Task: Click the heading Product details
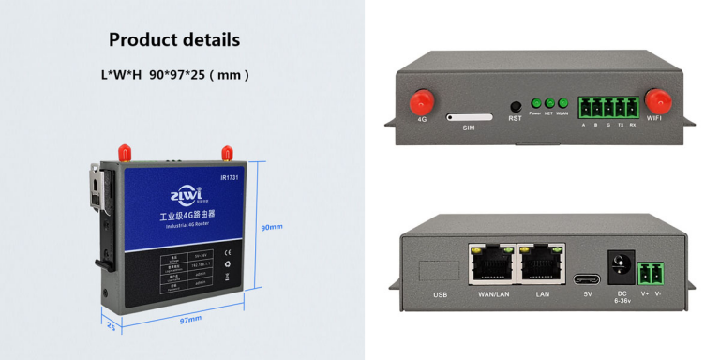tap(174, 39)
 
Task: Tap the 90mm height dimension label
tap(272, 227)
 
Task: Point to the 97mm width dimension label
tap(190, 319)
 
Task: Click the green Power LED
tap(537, 103)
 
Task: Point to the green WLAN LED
tap(563, 103)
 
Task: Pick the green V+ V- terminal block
tap(650, 274)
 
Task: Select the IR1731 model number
tap(231, 176)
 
